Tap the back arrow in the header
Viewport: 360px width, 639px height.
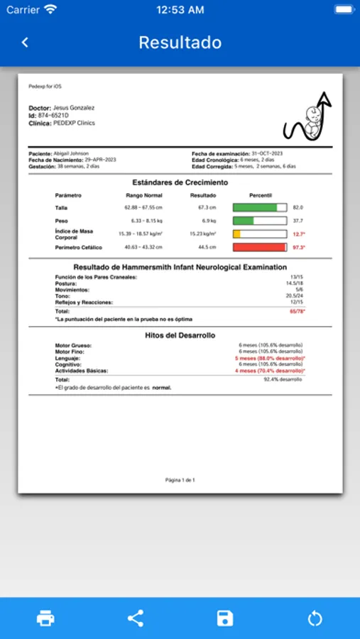[25, 43]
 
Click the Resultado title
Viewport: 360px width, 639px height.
[180, 43]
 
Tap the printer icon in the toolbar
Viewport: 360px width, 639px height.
[45, 618]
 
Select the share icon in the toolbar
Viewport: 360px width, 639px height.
[135, 618]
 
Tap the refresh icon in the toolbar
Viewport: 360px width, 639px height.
[315, 618]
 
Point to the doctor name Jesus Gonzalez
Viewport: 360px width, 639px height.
[74, 108]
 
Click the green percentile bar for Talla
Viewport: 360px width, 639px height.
[260, 207]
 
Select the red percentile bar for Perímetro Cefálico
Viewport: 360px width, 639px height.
[260, 247]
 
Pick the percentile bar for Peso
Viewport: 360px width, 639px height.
[260, 221]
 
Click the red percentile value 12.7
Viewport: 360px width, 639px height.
[298, 234]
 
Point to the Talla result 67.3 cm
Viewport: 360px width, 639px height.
[207, 207]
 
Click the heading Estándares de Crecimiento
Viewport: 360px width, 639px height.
[180, 182]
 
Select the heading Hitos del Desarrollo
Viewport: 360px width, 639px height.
[180, 335]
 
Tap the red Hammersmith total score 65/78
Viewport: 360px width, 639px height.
[297, 311]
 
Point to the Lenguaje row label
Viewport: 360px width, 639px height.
[67, 359]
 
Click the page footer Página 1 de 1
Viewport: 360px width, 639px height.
[180, 480]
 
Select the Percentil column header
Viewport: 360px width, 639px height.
[261, 195]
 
